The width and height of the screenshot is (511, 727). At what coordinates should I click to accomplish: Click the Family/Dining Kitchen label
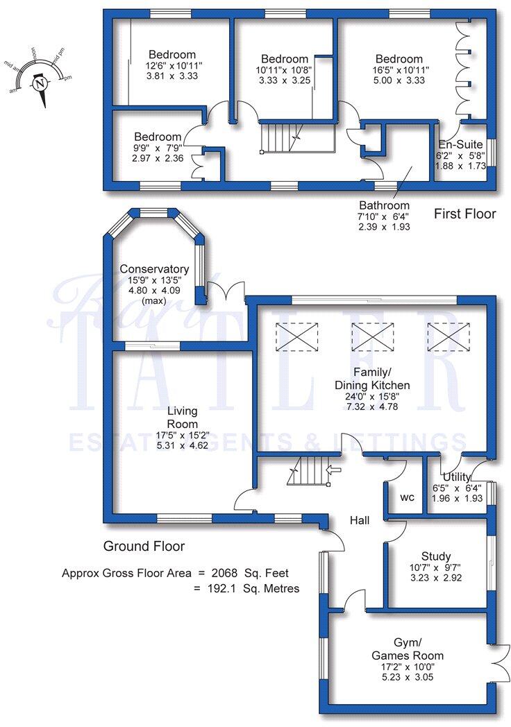372,379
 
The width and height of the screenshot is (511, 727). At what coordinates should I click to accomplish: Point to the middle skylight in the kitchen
372,339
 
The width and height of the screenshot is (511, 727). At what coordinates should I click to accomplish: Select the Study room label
436,556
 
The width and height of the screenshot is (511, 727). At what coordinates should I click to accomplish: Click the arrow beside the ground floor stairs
333,470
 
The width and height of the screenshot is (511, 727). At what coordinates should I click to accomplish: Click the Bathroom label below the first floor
384,205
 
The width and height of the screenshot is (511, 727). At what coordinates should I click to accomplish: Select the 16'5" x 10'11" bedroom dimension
399,70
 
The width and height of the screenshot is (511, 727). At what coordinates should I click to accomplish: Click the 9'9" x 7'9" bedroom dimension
158,148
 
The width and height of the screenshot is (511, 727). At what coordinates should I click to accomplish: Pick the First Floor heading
465,214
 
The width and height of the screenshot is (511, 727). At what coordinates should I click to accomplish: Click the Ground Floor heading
144,546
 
